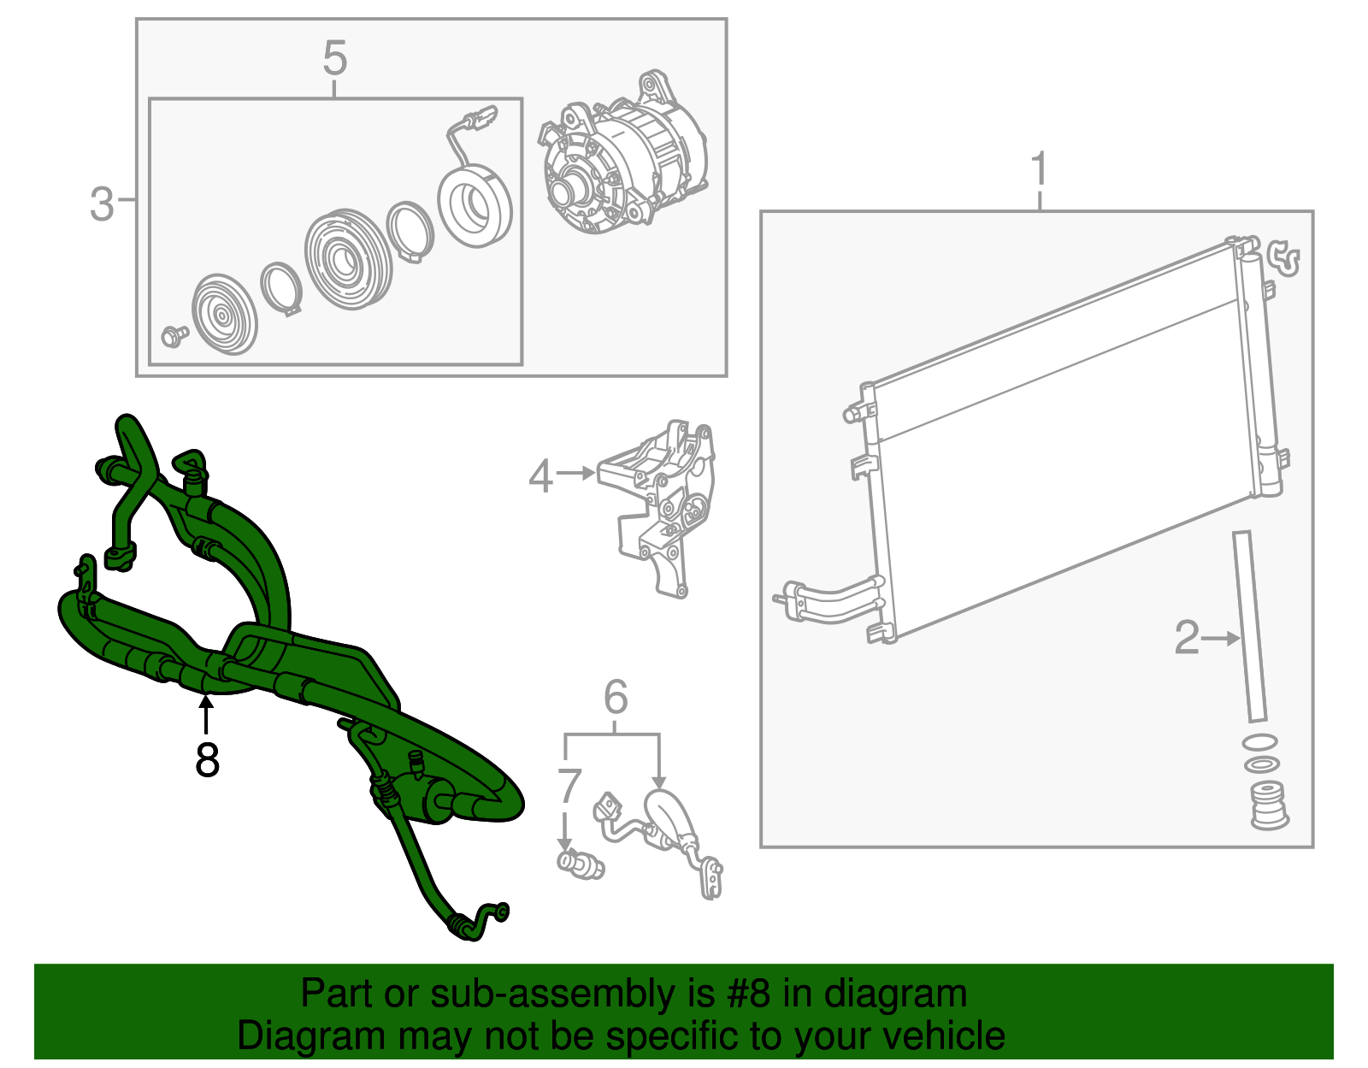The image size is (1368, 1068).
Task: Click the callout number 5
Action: (334, 58)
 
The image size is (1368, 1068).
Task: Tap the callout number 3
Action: (102, 204)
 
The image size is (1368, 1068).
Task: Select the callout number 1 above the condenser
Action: (1039, 168)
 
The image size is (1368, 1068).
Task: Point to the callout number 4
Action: (540, 475)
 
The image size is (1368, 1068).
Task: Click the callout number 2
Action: (1187, 637)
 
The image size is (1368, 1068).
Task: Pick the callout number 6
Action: (615, 697)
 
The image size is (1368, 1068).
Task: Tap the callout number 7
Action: (569, 787)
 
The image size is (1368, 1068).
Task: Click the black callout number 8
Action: (207, 759)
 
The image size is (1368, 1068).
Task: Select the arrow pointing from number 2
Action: (1221, 639)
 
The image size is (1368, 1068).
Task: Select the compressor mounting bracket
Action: (657, 507)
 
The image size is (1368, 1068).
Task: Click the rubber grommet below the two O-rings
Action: (1269, 805)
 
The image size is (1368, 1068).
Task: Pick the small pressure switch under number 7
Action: (581, 864)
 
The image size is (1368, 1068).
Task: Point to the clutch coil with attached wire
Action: (474, 189)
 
